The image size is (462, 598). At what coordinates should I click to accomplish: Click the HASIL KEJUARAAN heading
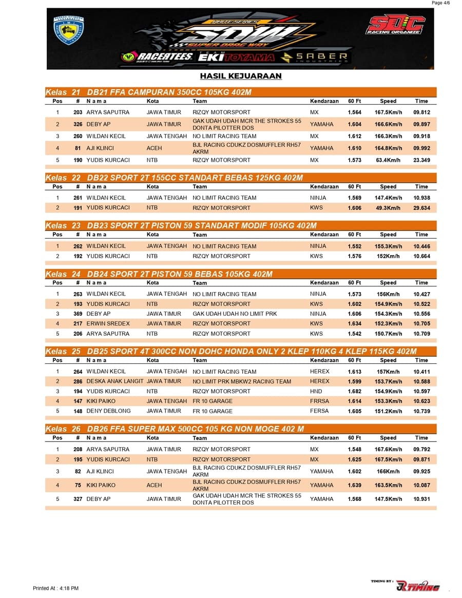(241, 76)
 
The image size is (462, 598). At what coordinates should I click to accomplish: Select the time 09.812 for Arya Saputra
(421, 112)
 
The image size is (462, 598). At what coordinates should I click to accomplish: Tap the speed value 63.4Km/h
(388, 160)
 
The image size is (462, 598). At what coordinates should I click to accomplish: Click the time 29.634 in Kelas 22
(421, 208)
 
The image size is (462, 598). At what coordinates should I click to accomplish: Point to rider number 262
(78, 246)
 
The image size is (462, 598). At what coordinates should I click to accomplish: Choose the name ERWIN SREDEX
(108, 323)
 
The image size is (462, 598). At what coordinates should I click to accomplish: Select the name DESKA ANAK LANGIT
(115, 381)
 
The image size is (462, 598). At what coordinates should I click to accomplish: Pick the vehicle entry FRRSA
(319, 401)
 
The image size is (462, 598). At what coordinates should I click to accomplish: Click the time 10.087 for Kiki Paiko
(421, 485)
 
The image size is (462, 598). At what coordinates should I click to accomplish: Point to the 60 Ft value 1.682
(354, 391)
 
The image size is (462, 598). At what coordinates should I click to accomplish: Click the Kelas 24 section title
(159, 274)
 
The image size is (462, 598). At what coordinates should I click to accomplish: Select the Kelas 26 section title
(175, 429)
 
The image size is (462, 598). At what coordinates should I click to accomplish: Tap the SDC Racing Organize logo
(395, 25)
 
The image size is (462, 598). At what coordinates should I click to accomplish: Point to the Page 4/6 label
(440, 3)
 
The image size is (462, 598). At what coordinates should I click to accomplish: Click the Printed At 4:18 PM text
(55, 588)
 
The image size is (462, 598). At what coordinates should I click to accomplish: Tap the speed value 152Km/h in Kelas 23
(388, 256)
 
